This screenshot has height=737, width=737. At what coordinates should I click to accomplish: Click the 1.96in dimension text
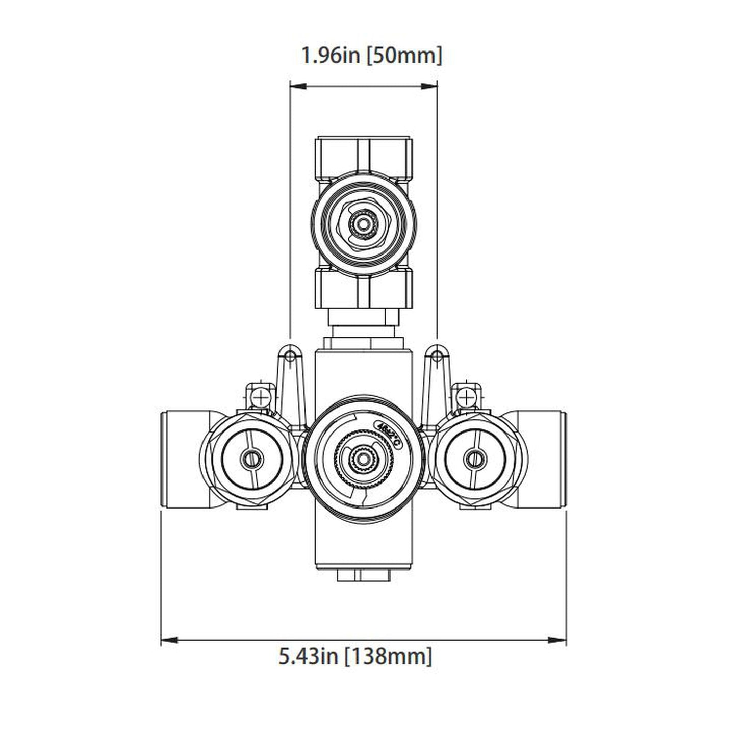(331, 55)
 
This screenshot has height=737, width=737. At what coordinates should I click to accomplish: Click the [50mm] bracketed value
(404, 55)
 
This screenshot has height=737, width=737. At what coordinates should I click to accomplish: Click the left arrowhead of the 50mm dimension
(296, 87)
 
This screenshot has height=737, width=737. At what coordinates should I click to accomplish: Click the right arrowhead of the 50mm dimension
(431, 87)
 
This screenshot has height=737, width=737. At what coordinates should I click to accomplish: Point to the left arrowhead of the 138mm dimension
(168, 639)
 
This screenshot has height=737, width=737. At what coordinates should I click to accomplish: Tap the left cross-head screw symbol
(260, 396)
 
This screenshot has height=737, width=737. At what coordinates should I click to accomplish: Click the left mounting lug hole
(290, 354)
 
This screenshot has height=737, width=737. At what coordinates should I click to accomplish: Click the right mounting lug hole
(437, 354)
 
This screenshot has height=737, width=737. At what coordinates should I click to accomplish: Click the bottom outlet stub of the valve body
(364, 575)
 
